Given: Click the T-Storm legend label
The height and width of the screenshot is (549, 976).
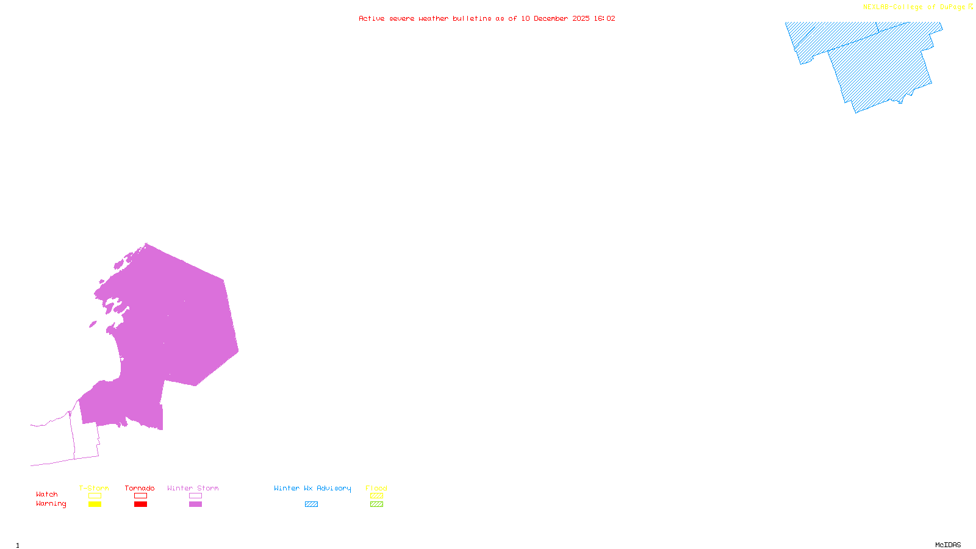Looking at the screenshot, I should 94,488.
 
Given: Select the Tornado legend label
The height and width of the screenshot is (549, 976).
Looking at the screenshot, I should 140,488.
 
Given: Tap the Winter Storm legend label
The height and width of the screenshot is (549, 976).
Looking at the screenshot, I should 193,488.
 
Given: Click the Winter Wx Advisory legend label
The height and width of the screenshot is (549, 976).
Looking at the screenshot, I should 312,488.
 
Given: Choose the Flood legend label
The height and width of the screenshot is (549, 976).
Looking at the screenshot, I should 376,488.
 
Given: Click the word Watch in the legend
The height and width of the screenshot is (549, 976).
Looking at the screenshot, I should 47,495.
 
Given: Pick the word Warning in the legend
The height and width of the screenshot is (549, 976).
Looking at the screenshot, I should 51,504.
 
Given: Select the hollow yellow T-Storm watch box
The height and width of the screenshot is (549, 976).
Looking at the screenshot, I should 95,496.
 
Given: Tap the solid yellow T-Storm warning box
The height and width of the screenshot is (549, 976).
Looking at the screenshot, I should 95,504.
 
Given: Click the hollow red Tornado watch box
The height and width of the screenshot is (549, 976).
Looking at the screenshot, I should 140,496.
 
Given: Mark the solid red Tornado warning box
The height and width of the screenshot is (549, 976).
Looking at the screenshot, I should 140,504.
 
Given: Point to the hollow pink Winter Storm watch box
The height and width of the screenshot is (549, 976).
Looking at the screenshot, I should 195,496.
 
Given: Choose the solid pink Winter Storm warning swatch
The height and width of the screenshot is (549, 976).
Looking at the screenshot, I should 195,504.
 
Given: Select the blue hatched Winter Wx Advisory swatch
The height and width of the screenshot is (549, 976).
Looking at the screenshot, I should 311,504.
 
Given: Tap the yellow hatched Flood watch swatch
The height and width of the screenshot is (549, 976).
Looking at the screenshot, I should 376,496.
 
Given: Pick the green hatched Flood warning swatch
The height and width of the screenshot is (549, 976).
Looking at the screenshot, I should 376,504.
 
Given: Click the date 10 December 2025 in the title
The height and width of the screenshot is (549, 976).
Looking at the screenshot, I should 555,19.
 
